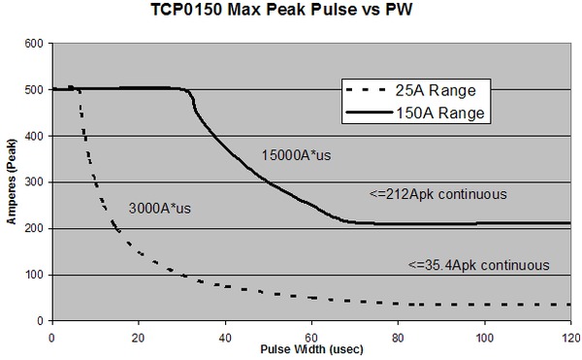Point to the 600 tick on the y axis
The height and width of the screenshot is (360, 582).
point(35,45)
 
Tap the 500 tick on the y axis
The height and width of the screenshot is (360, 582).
point(35,90)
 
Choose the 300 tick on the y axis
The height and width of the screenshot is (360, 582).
point(35,182)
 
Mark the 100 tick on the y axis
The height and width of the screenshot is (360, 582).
point(35,275)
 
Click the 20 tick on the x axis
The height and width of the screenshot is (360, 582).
point(138,334)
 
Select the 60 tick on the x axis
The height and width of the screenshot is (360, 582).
point(310,334)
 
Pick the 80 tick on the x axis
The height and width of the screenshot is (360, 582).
point(397,334)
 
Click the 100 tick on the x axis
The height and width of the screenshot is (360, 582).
point(483,334)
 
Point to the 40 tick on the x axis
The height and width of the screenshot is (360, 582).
point(224,334)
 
